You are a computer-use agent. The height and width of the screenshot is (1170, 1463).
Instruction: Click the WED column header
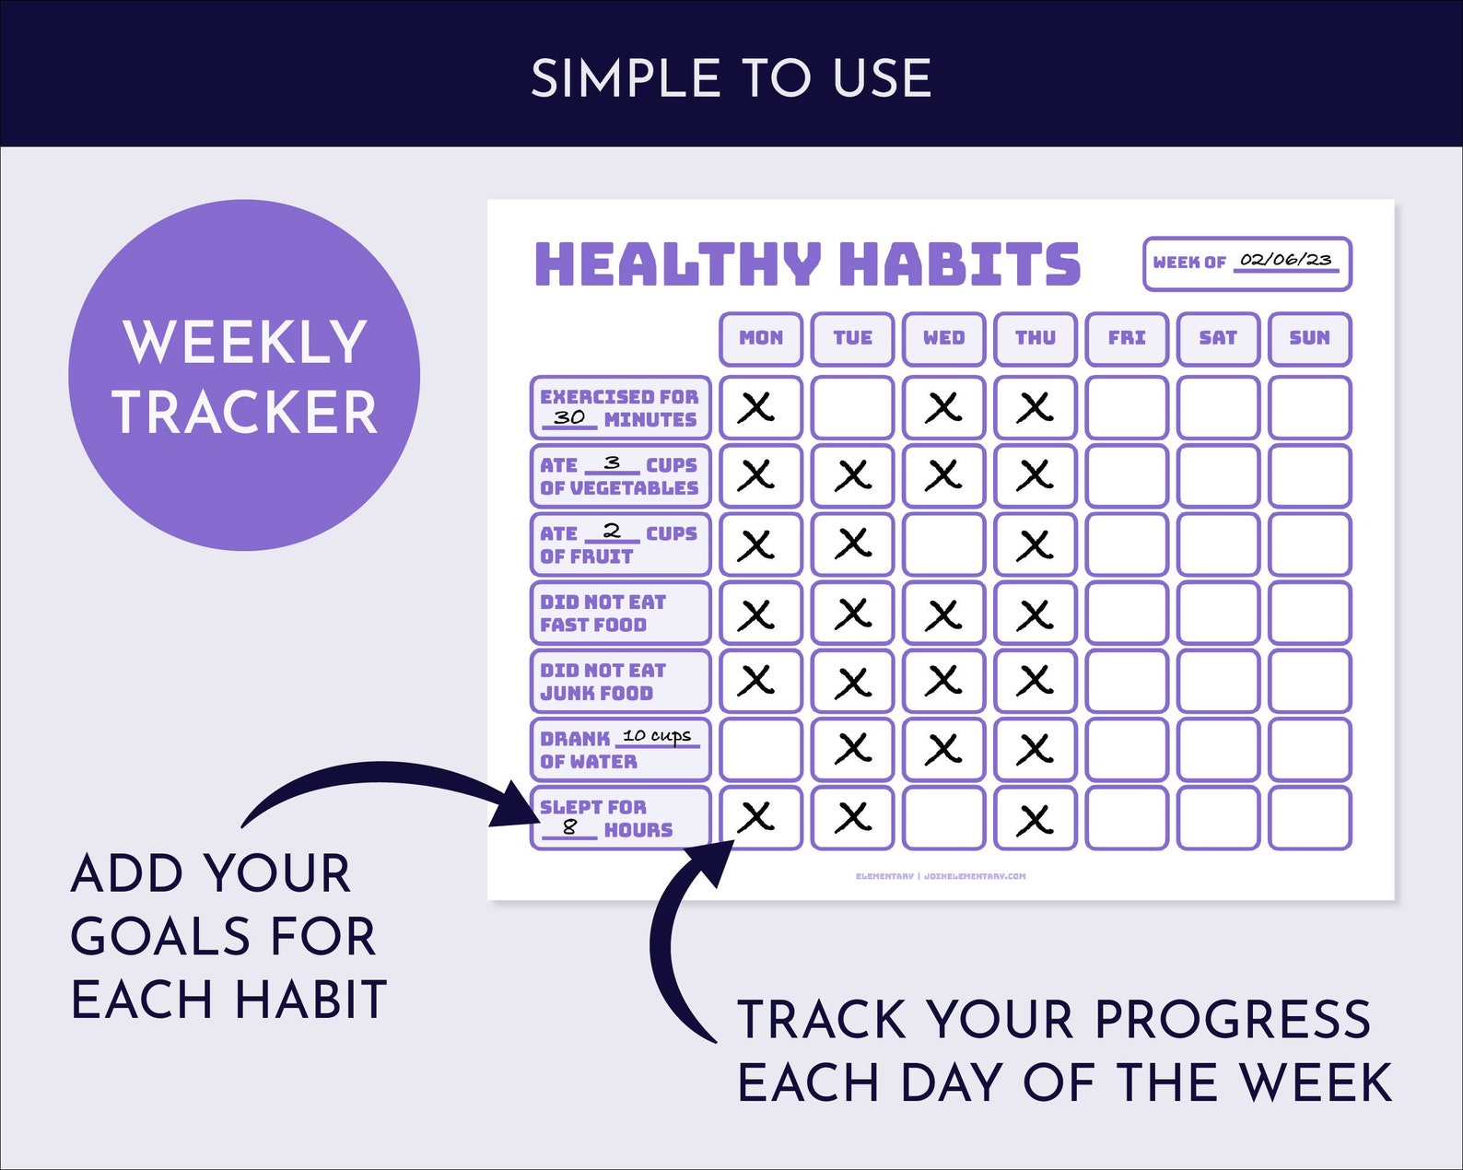click(943, 338)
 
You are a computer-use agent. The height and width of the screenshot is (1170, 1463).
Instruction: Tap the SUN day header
click(1309, 338)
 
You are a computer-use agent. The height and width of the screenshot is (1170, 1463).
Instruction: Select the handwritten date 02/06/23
click(1286, 260)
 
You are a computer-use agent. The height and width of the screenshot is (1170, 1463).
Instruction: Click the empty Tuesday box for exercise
click(852, 407)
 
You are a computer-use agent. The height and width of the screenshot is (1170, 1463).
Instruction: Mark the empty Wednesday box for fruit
click(943, 544)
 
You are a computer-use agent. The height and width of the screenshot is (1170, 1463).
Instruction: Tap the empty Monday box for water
click(760, 749)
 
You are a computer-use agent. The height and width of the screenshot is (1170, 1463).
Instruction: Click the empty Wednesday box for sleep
click(943, 817)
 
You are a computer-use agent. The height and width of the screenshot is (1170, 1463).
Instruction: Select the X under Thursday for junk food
click(1035, 681)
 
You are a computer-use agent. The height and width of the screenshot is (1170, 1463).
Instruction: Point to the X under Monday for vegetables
click(756, 475)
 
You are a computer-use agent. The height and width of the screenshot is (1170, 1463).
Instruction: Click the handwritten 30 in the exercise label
click(569, 417)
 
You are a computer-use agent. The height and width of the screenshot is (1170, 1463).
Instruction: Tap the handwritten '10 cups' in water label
click(657, 736)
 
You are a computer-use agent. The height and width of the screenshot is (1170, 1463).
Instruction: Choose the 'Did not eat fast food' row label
click(620, 613)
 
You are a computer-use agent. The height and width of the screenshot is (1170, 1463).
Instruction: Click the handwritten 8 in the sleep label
click(569, 827)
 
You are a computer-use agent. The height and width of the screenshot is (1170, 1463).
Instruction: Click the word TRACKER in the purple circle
click(245, 412)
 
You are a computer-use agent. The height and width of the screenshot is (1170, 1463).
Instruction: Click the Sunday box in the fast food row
click(1309, 613)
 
